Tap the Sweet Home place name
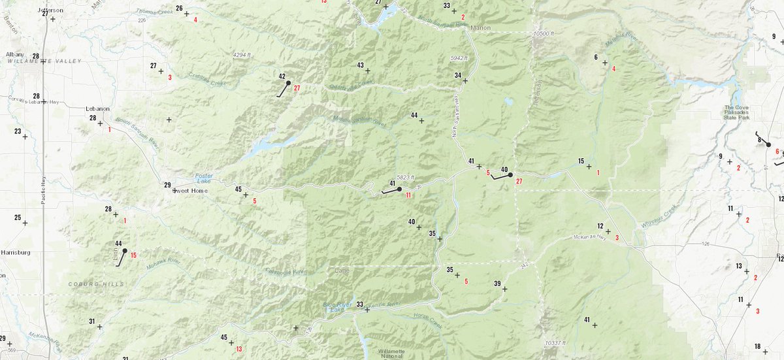189,191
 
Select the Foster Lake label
204,179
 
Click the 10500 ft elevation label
544,33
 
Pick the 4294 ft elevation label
242,56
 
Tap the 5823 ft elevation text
405,178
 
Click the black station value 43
360,65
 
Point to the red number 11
408,195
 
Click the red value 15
133,255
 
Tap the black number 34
458,75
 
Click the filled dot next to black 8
768,144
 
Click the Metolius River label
621,41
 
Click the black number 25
18,218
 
